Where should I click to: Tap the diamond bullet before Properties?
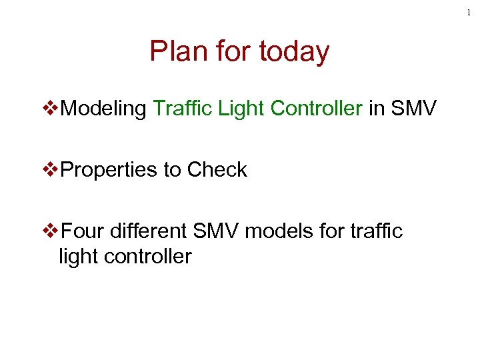coord(51,170)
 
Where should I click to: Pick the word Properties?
coord(107,170)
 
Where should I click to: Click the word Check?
coord(217,170)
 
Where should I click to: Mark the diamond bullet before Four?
coord(51,231)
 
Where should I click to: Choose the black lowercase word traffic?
coord(379,231)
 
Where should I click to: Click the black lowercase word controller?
coord(147,256)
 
